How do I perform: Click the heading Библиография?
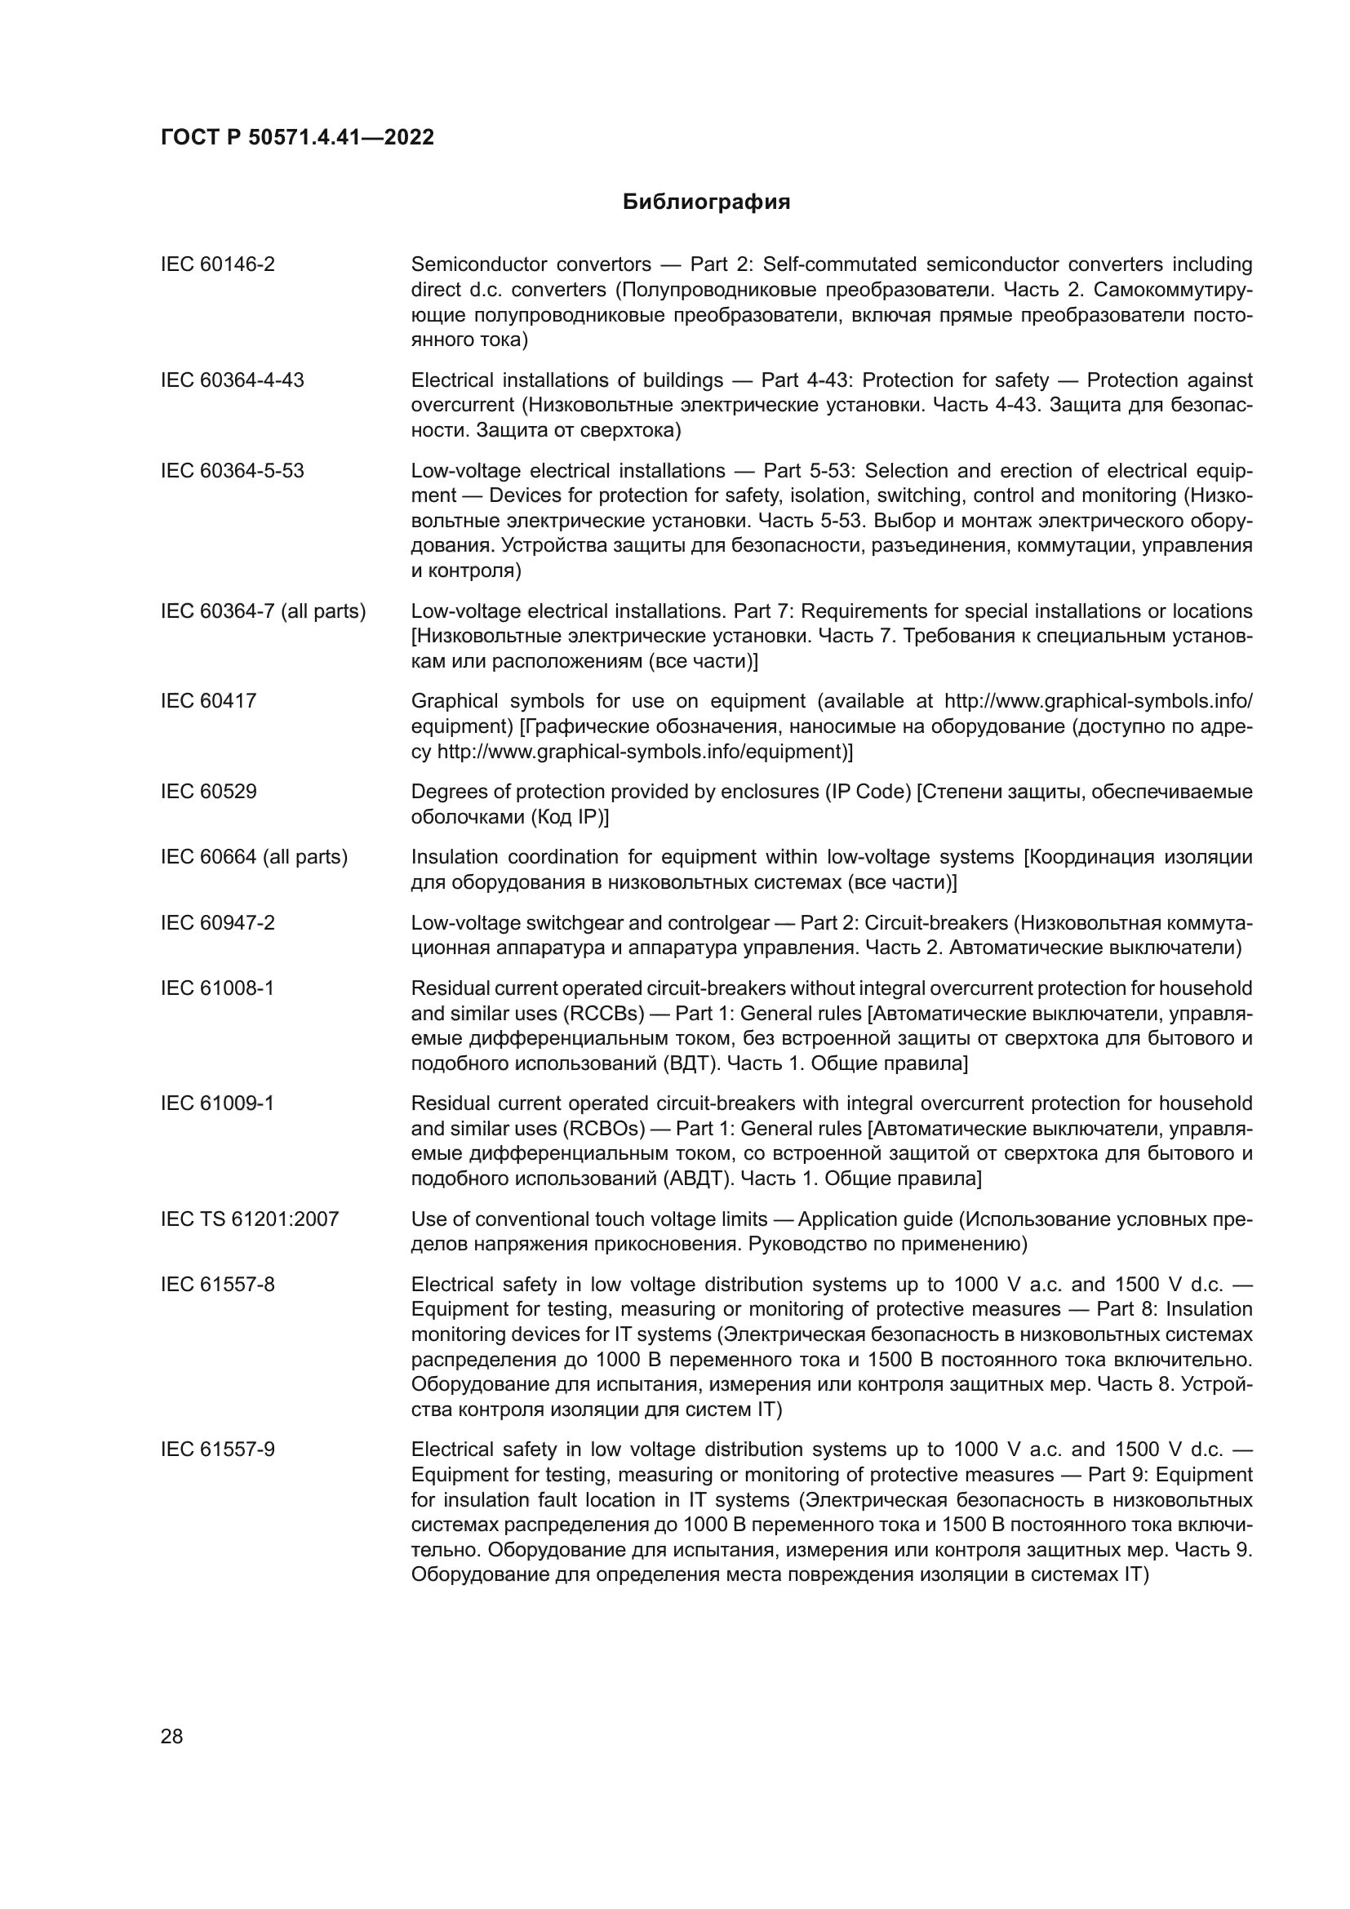pos(706,202)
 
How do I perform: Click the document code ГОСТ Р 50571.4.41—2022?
pos(297,137)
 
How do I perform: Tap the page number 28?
pos(171,1736)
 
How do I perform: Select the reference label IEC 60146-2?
pos(218,264)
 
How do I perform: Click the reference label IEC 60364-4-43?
pos(232,380)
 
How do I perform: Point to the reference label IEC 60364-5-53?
pos(232,471)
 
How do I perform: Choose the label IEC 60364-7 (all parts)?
pos(263,611)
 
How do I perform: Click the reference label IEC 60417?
pos(209,701)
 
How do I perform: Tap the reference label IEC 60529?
pos(209,791)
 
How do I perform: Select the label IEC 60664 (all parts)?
pos(254,856)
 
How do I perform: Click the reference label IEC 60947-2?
pos(218,923)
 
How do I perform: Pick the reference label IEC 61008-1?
pos(217,988)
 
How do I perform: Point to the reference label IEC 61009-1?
pos(217,1103)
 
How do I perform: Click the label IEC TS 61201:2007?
pos(250,1219)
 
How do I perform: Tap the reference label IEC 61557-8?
pos(217,1285)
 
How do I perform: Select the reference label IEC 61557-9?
pos(217,1450)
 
